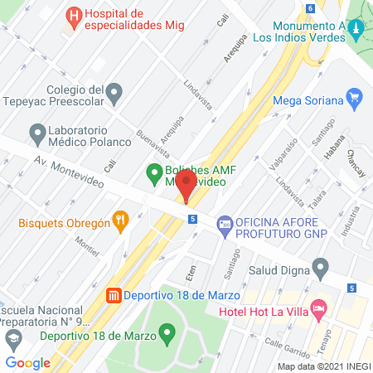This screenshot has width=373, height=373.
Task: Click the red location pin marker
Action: (186, 184)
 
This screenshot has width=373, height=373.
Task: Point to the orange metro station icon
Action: (114, 295)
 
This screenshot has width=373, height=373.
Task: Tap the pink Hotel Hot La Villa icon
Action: (320, 308)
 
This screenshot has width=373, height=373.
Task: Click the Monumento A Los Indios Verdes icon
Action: (357, 31)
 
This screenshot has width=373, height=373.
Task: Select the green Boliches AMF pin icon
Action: (153, 173)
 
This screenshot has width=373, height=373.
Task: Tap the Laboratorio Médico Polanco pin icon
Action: (36, 132)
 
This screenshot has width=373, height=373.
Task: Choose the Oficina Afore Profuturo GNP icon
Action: (224, 224)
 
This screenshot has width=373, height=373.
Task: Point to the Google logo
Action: (28, 362)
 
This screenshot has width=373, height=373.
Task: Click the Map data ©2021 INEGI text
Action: (324, 366)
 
